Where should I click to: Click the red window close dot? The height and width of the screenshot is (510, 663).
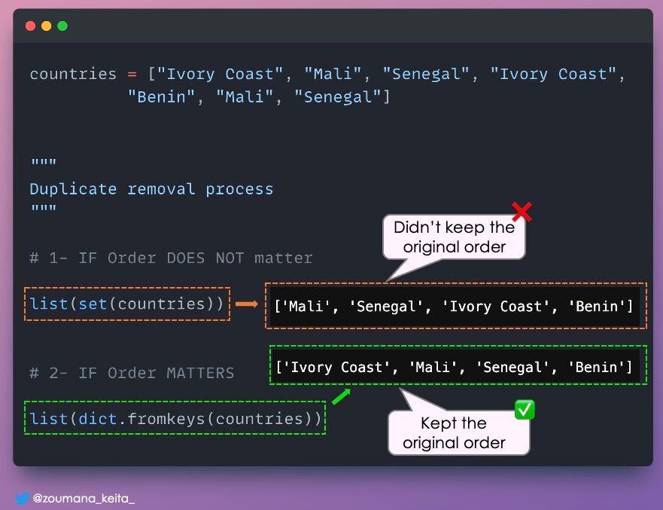pos(30,26)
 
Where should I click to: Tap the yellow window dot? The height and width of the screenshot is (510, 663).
pos(47,26)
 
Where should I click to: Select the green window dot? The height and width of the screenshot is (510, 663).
pos(62,26)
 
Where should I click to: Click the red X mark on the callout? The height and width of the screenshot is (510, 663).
pos(522,212)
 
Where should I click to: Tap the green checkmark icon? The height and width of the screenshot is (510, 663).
pos(525,410)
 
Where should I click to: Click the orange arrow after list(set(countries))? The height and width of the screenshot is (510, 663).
pos(247,304)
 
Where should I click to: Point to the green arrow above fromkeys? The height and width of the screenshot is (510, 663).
pos(341,396)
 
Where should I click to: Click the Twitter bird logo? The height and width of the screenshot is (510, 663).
pos(22,498)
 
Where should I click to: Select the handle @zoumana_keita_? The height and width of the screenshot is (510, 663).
pos(84,498)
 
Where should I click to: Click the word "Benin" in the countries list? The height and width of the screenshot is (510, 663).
pos(161,97)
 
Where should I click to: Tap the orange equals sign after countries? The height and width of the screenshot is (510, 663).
pos(132,75)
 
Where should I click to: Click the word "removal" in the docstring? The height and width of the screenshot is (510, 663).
pos(161,189)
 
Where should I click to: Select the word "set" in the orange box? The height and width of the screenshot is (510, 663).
pos(93,304)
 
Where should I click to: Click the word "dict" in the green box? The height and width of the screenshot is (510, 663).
pos(98,419)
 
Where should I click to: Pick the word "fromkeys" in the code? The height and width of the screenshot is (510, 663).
pos(166,419)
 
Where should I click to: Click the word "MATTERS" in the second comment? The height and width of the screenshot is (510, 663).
pos(200,373)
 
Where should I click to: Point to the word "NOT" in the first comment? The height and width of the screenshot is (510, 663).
pos(230,258)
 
